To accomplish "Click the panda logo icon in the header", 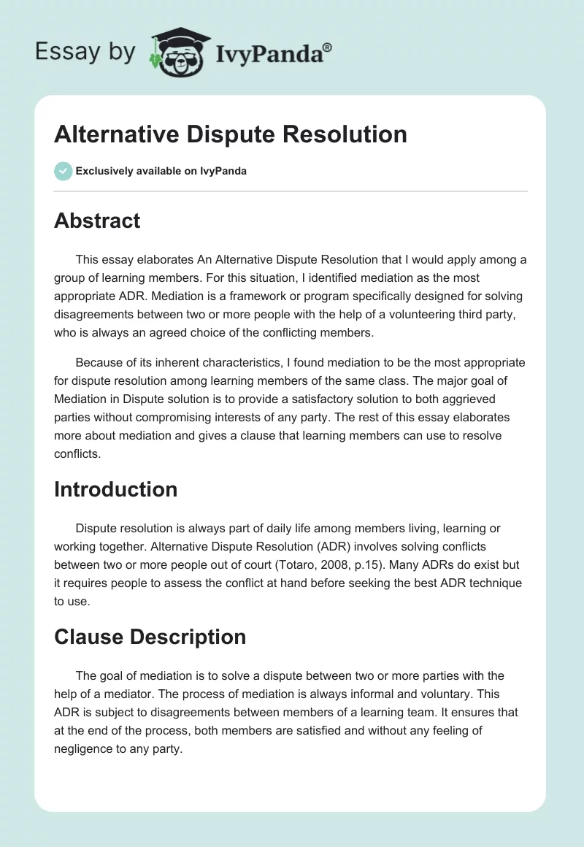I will [178, 51].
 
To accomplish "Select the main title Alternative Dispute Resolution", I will [231, 134].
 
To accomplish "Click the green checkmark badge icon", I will [63, 171].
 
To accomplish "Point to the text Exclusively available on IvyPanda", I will [161, 172].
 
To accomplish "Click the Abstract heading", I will [97, 221].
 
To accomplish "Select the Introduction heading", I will [115, 488].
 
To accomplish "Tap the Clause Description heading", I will [150, 637].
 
